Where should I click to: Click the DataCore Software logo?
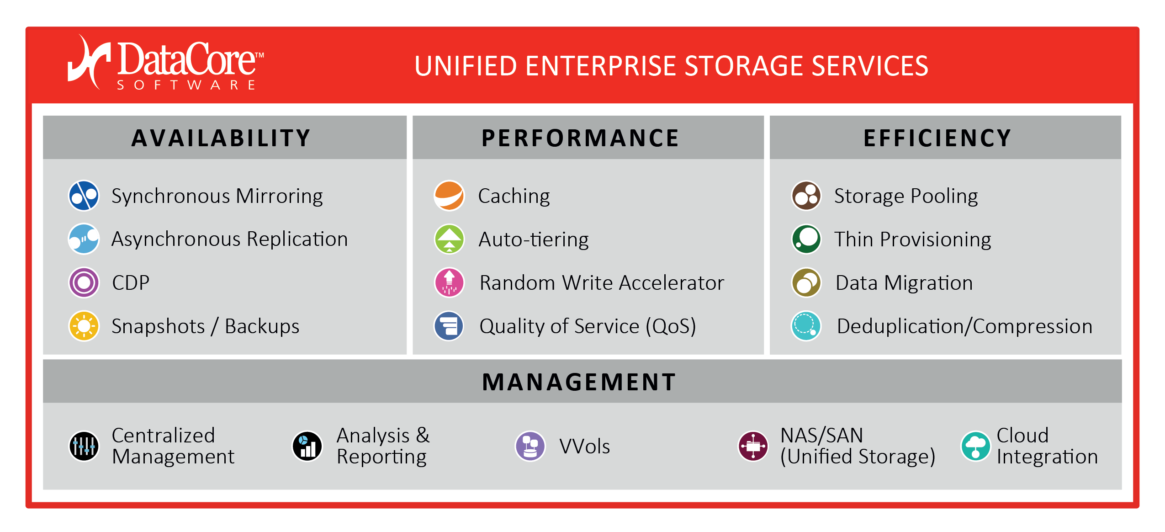point(166,63)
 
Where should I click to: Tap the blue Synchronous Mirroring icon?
point(84,196)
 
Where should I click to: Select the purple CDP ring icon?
point(84,282)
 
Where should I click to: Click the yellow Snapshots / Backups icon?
point(84,326)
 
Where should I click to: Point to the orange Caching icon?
point(449,196)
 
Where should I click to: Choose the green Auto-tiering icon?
point(449,239)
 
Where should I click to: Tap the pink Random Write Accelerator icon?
point(449,282)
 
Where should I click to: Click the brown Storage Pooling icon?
point(806,196)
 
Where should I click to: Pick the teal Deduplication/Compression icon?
point(806,326)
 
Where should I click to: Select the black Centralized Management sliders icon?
point(84,446)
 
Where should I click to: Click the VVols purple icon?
point(530,446)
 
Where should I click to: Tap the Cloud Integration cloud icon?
point(975,446)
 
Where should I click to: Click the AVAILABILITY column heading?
point(221,138)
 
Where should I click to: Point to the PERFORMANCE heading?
point(580,138)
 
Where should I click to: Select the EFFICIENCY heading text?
point(937,138)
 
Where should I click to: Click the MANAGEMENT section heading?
point(579,382)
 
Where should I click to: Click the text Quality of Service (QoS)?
point(588,327)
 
